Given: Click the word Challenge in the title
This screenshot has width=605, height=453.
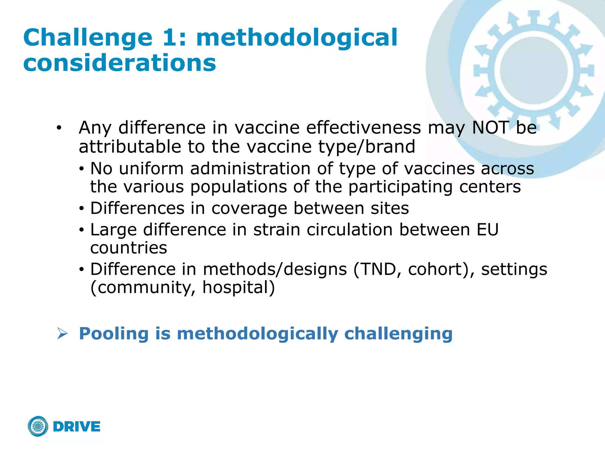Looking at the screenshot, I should [87, 38].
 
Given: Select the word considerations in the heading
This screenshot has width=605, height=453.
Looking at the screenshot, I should [120, 63].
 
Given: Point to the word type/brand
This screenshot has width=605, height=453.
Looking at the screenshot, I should [366, 147].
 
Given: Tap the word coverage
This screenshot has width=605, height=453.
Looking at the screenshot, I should [249, 208].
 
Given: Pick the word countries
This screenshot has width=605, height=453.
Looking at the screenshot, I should [129, 248].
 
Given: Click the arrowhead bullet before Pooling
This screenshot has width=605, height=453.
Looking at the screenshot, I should [62, 334].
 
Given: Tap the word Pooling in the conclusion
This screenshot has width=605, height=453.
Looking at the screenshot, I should [114, 334].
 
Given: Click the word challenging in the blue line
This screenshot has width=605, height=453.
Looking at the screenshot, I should [398, 334].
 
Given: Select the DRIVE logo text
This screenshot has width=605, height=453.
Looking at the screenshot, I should [77, 426].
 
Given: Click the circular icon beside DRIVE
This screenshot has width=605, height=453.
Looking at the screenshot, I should [38, 426].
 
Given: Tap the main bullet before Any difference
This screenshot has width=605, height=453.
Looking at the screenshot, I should [59, 128].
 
